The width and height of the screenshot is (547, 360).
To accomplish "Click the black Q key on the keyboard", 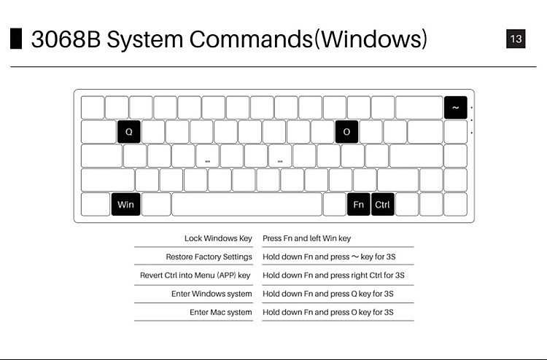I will point(128,132).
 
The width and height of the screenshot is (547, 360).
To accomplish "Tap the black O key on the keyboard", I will point(346,132).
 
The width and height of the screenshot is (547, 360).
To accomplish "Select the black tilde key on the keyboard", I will point(455,108).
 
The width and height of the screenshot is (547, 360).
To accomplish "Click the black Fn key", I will point(358,205).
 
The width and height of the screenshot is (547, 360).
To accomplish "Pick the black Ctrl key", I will point(382,205).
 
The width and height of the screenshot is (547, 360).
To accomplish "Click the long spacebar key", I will point(247,205).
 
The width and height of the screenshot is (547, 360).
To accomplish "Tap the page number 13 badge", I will point(516,39).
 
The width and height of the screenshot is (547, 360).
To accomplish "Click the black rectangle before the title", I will point(15,39).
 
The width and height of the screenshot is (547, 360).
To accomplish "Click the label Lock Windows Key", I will point(218,238).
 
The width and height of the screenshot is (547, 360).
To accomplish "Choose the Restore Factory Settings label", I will point(209,257).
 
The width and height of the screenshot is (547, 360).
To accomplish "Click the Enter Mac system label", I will point(220,312).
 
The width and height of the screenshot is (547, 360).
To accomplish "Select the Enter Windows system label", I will point(212,294).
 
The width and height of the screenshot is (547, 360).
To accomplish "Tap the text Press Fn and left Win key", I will point(306,238).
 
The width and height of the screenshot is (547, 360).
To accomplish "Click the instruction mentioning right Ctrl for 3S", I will point(333,275).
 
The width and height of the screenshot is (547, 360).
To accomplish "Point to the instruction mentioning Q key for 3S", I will point(327,294).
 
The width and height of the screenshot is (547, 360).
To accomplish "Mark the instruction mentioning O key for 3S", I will point(328,312).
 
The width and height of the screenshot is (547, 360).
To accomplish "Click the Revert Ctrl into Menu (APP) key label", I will point(195,275).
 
